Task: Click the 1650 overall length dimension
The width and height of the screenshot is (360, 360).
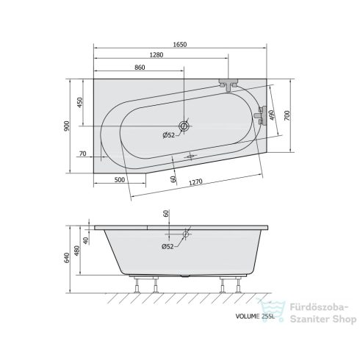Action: pos(180,44)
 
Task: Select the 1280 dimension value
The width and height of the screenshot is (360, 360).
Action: pos(156,55)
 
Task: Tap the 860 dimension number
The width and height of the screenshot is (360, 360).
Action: pos(140,68)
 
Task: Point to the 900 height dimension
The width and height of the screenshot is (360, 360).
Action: pos(67,126)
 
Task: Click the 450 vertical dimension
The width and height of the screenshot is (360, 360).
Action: pos(80,102)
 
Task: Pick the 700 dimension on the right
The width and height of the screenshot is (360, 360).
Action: pos(287,115)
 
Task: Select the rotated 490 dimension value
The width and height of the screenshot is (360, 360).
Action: pos(272,115)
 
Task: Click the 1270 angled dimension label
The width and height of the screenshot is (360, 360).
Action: pos(195,181)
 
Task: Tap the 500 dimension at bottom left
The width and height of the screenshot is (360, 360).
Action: pos(120,180)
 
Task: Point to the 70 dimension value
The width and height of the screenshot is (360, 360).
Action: pos(83,154)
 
